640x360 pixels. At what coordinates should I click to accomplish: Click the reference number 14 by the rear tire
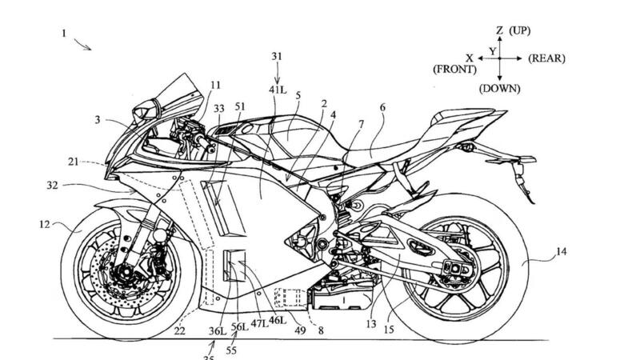click(x=561, y=251)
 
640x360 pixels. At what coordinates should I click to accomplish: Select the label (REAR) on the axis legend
click(x=547, y=58)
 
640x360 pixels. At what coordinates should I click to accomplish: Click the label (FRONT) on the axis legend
click(x=456, y=70)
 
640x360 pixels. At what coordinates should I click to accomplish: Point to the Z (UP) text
click(x=513, y=30)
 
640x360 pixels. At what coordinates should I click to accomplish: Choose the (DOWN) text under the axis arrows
click(x=500, y=89)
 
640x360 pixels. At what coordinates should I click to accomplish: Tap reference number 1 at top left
click(x=63, y=34)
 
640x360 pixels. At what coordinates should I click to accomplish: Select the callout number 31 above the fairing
click(x=277, y=56)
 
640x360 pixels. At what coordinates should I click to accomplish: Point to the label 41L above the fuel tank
click(x=277, y=90)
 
